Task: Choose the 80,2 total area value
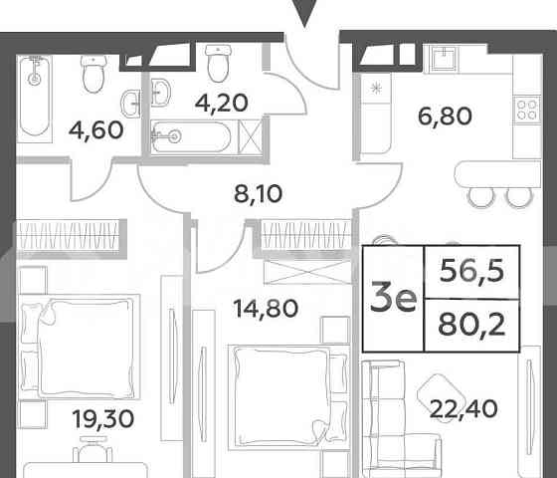point(473,327)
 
